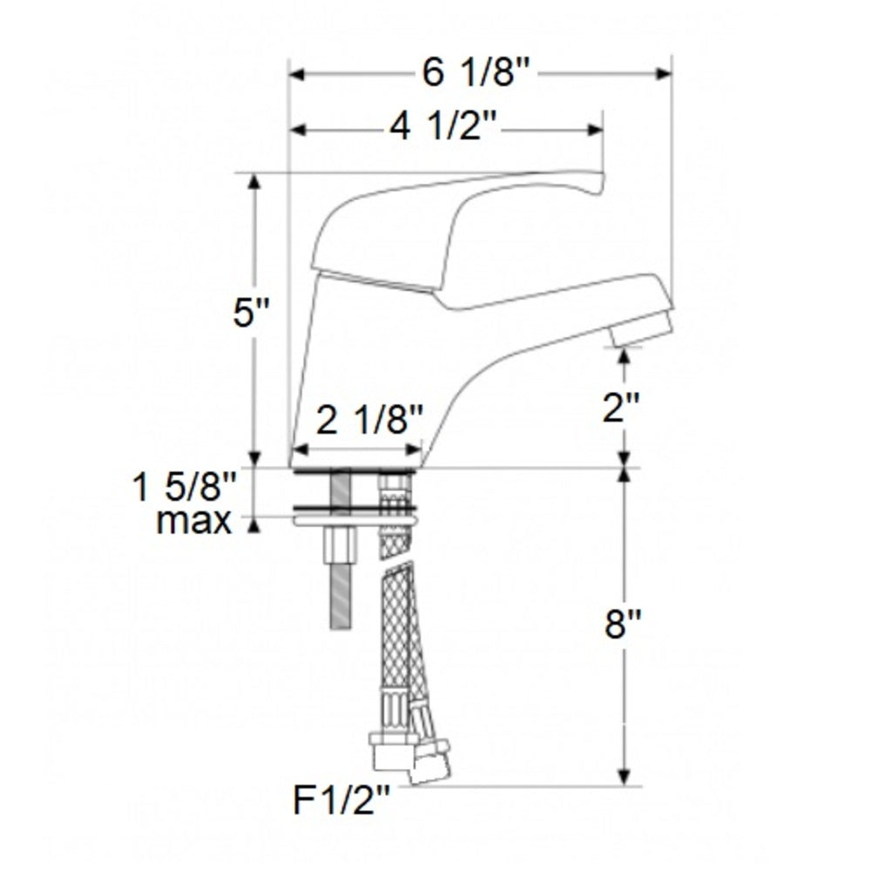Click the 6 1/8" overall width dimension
pos(476,73)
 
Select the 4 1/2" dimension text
pos(442,129)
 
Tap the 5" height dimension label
pos(253,314)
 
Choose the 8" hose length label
pos(623,625)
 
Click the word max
pos(193,521)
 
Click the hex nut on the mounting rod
pos(340,547)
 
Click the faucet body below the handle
pos(366,366)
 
